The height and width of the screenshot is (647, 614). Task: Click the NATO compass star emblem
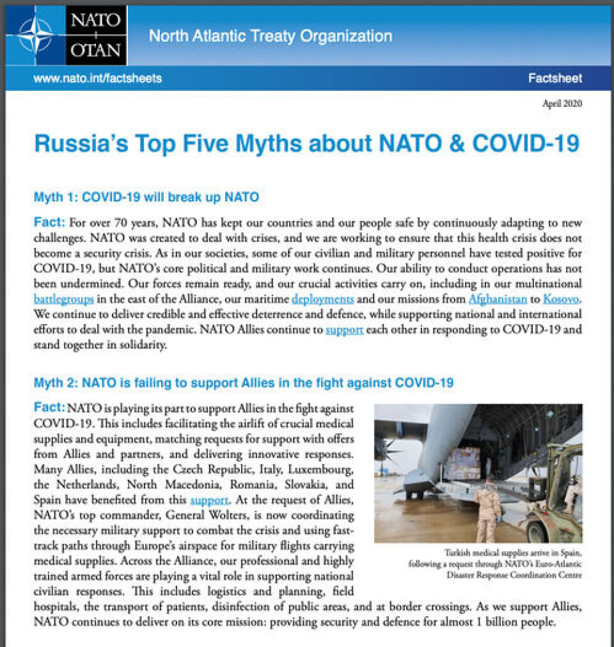[x=36, y=36]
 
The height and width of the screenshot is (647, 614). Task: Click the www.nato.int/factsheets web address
[x=97, y=79]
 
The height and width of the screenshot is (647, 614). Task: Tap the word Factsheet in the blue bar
[x=555, y=79]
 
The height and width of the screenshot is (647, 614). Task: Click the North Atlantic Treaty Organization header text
[x=271, y=36]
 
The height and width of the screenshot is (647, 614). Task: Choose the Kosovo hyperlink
[x=562, y=299]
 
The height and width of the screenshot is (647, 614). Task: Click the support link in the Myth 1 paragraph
[x=345, y=331]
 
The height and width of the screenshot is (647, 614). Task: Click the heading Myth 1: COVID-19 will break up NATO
[x=146, y=197]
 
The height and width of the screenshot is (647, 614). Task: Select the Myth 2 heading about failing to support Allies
[x=243, y=383]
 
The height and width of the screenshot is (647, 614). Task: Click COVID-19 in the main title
[x=526, y=143]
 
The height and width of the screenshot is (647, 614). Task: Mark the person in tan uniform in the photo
[x=487, y=508]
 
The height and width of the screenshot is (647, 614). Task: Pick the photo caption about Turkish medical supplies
[x=494, y=563]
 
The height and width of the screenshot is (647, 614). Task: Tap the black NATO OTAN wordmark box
[x=96, y=36]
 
